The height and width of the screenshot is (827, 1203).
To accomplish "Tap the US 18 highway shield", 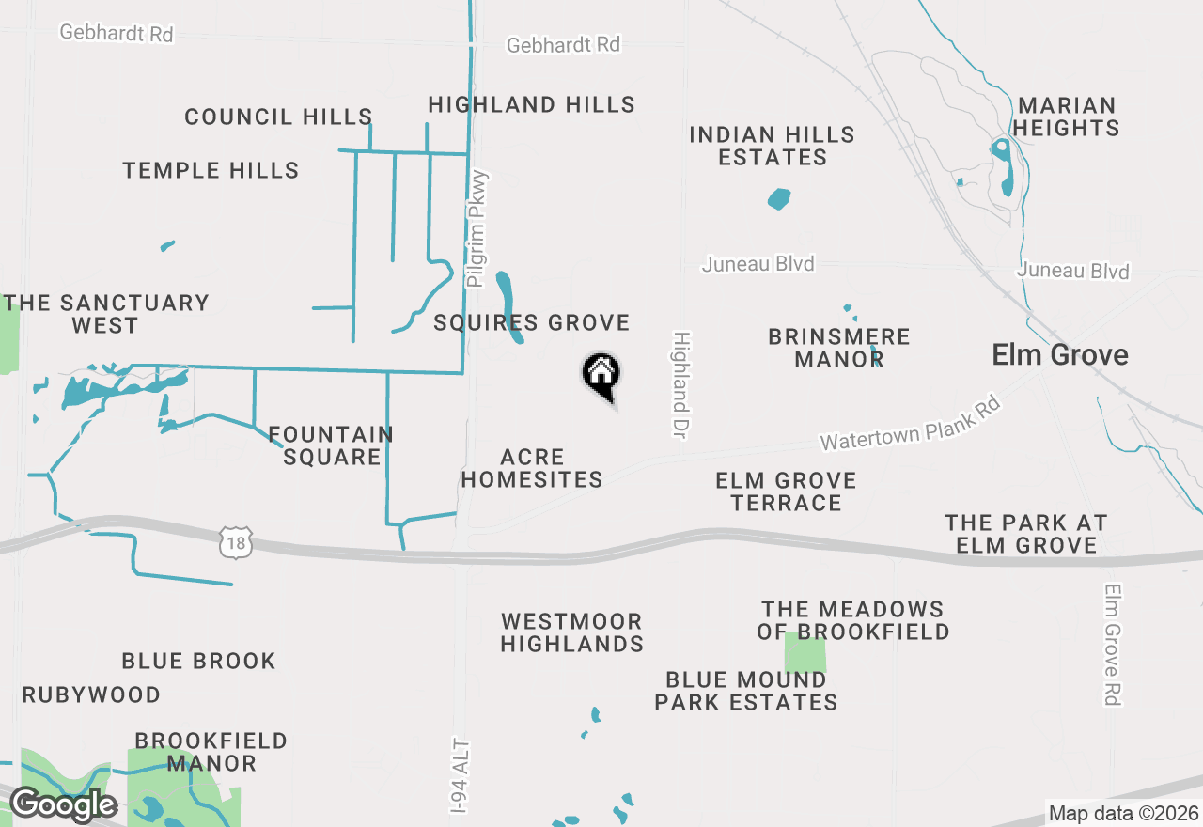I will (237, 541).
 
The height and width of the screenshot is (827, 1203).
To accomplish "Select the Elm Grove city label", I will (1060, 355).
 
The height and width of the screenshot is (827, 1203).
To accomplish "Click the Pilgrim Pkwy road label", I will (478, 228).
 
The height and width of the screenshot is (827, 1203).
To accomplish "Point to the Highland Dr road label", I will (681, 383).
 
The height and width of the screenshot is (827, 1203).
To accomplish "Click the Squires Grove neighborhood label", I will (531, 323).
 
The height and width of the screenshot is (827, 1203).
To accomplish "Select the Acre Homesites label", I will (532, 468).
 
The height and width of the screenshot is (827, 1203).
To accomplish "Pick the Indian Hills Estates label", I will (772, 146).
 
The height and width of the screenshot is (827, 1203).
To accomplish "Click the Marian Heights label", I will (1067, 117).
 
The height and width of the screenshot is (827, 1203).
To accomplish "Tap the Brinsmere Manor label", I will (838, 348).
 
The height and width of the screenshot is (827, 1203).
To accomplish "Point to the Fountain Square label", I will (331, 445).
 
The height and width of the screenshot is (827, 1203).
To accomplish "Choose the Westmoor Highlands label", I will (571, 632).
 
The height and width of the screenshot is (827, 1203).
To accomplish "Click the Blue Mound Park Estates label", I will (746, 691).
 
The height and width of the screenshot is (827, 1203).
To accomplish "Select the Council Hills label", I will (278, 117).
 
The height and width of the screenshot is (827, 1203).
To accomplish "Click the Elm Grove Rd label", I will (1114, 645).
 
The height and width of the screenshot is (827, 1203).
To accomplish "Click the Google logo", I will (63, 804).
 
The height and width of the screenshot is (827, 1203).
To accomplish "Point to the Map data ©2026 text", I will (1123, 814).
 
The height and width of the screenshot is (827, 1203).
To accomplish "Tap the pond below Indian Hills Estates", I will (779, 199).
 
